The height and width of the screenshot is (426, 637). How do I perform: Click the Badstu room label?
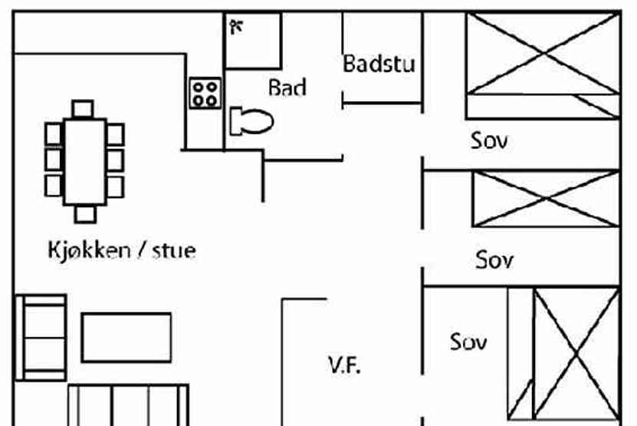click(379, 63)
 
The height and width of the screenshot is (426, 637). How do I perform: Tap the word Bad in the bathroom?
click(287, 88)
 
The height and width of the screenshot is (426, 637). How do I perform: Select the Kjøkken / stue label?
click(121, 250)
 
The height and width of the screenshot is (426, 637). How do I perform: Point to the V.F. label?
click(345, 365)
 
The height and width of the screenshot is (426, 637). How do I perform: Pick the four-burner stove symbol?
click(205, 93)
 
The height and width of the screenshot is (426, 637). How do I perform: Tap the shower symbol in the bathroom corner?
click(237, 27)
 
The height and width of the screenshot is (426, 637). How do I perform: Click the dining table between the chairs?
click(84, 160)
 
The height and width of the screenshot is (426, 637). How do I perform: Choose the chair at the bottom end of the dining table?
click(84, 213)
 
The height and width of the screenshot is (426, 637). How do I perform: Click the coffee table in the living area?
click(126, 337)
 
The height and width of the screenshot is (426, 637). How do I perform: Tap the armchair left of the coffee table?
click(41, 337)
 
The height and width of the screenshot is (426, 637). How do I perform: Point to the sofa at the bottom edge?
click(128, 404)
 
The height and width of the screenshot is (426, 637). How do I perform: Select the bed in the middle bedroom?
click(547, 199)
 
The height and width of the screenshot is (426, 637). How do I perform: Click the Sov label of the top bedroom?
click(489, 140)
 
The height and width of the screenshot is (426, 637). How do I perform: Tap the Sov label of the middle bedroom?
click(494, 259)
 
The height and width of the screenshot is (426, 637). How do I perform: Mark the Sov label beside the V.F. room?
click(468, 341)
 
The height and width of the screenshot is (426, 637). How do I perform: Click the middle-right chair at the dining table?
click(116, 160)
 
